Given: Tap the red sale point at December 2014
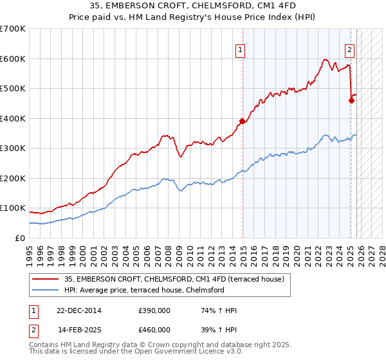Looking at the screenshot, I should (x=243, y=121).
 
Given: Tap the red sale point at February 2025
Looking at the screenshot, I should (x=351, y=100).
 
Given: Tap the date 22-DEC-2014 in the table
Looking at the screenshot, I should (x=78, y=310).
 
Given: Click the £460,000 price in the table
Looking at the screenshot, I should (x=154, y=329).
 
